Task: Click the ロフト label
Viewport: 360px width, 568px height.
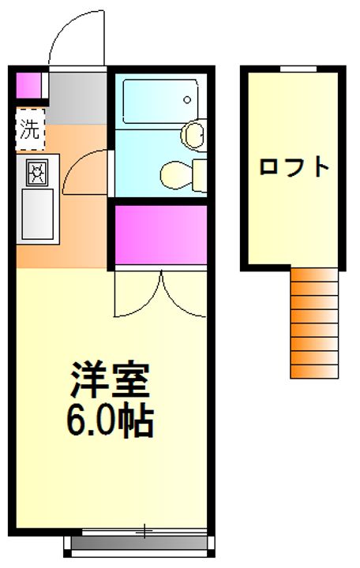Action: (x=294, y=167)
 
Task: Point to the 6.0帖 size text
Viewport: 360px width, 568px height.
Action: (x=108, y=422)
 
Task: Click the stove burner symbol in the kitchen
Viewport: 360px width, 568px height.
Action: (x=36, y=171)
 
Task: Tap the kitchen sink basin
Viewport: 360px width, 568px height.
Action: (x=36, y=211)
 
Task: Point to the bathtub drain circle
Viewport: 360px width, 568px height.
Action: (x=186, y=100)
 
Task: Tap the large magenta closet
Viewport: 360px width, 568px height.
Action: (x=161, y=234)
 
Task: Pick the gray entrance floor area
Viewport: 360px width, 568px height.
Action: (x=77, y=95)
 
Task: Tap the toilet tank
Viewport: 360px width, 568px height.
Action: (x=197, y=170)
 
